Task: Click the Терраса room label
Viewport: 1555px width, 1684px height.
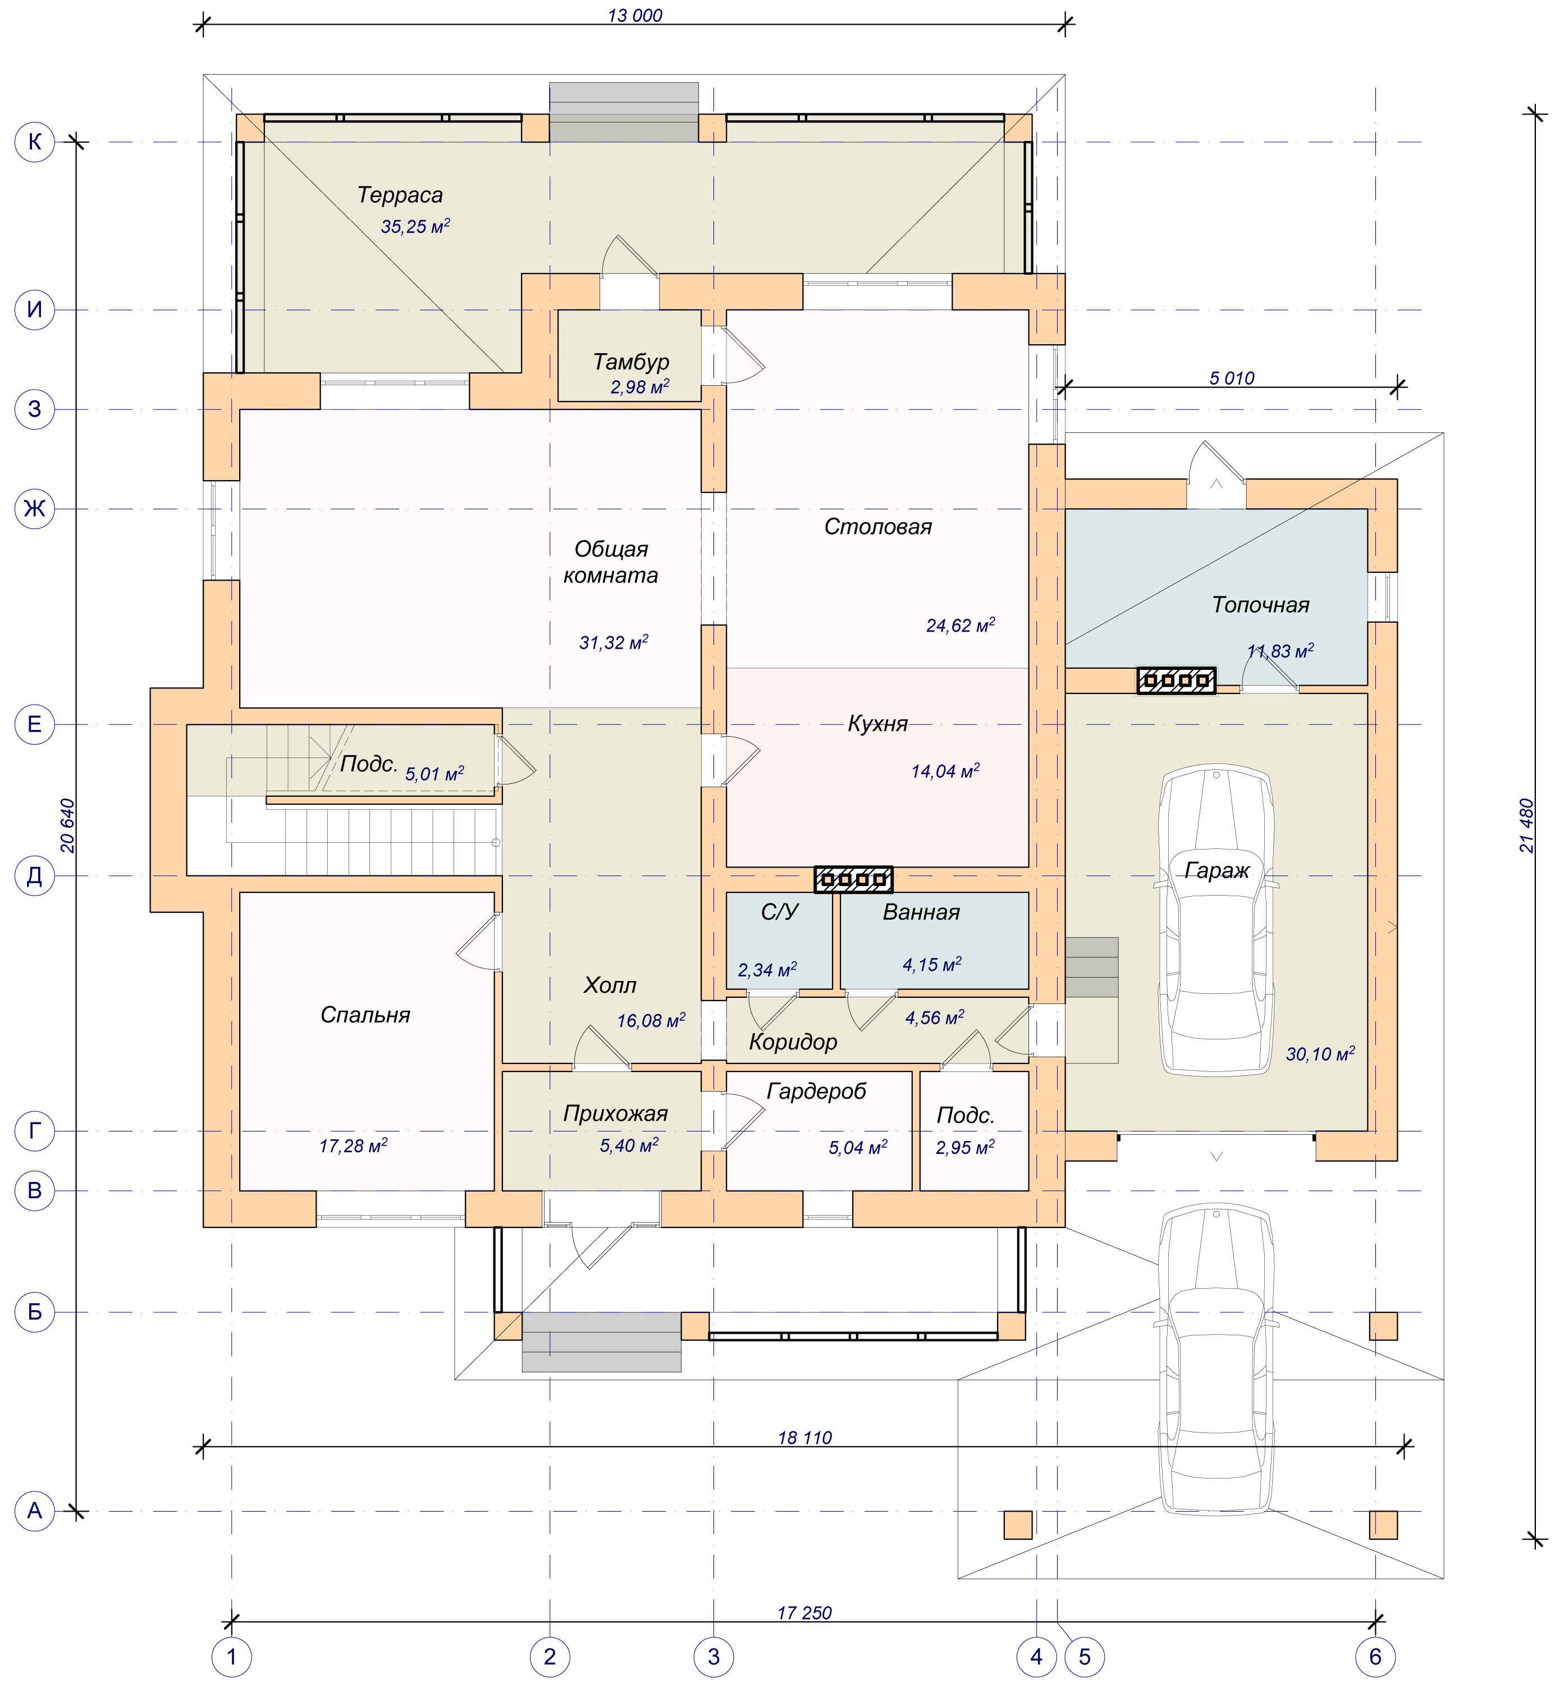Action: click(400, 195)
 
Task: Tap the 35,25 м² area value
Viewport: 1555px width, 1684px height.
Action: click(415, 226)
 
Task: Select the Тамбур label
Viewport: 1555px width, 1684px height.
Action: click(631, 362)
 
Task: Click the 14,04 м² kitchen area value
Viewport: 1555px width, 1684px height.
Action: click(945, 771)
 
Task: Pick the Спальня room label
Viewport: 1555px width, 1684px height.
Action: click(365, 1015)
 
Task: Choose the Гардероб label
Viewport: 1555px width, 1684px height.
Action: click(816, 1092)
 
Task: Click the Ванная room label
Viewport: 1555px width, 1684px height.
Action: click(921, 912)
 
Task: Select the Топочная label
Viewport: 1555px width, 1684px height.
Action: click(1260, 605)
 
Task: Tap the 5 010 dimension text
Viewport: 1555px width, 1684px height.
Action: click(1231, 378)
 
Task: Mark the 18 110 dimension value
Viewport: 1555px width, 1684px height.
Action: click(804, 1437)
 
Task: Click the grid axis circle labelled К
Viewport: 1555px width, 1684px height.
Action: click(34, 142)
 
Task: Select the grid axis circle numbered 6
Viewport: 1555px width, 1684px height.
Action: click(1375, 1656)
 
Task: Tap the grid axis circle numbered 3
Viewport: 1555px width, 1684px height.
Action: click(714, 1656)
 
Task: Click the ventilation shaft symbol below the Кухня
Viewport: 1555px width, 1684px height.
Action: click(853, 879)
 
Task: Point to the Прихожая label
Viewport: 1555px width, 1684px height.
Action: click(615, 1113)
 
